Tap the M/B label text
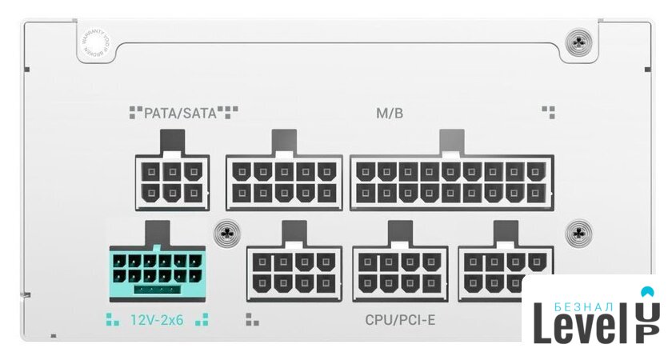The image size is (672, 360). tap(390, 113)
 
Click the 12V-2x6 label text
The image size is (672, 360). tap(157, 321)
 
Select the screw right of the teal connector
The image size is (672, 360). tap(229, 234)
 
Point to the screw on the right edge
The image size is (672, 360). tap(578, 234)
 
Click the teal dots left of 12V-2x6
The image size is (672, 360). tap(112, 321)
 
